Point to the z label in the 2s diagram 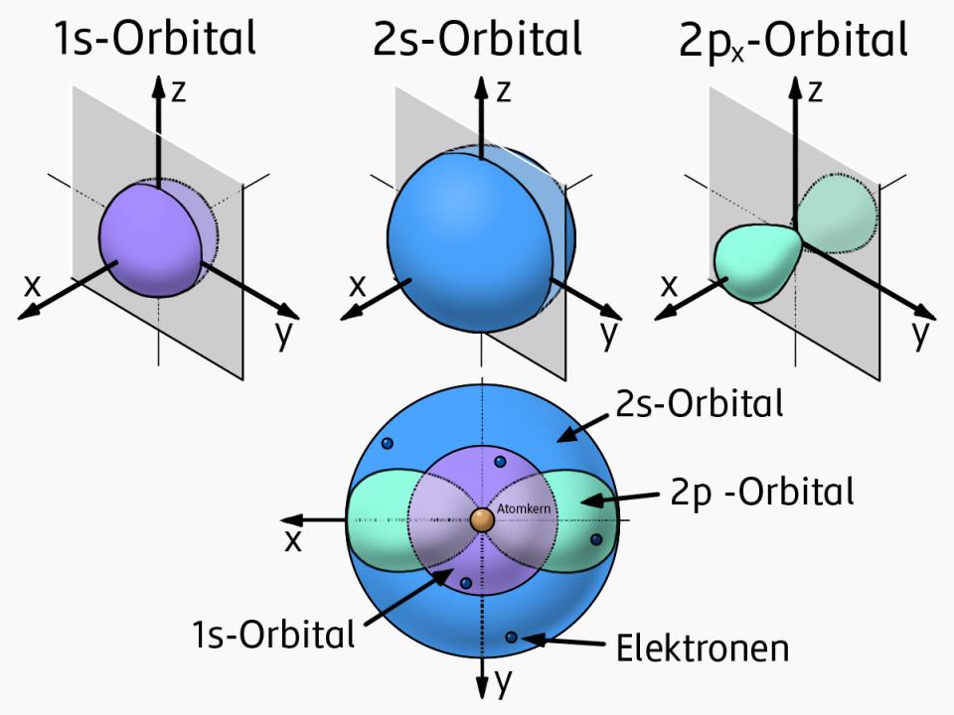504,91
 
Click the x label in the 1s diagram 33,285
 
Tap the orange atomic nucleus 483,518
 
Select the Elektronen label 703,648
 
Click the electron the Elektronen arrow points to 512,637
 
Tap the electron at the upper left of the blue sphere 388,443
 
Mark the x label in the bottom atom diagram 293,539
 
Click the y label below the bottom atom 504,681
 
